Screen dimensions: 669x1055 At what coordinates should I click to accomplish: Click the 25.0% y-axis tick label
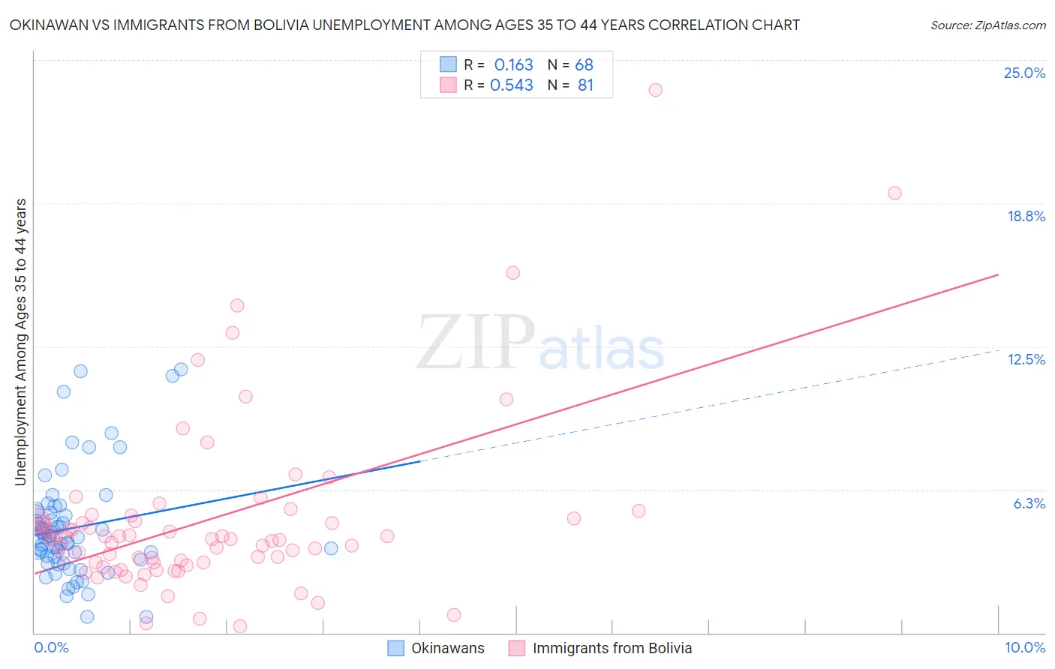tap(1024, 73)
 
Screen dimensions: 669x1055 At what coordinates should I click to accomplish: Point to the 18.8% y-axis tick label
tap(1026, 216)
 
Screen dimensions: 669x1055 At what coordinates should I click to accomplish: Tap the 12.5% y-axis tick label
tap(1026, 359)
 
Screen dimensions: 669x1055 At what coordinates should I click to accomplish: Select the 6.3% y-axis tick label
tap(1029, 503)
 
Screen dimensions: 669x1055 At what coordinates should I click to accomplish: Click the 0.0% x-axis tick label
tap(51, 647)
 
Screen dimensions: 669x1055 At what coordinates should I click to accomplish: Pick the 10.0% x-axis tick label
tap(1024, 647)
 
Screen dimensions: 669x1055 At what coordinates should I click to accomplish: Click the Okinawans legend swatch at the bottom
tap(395, 648)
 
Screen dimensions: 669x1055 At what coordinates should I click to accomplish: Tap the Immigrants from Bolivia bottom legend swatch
tap(516, 648)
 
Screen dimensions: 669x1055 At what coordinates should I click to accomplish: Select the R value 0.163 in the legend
tap(513, 65)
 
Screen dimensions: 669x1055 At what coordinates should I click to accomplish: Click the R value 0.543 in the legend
tap(511, 85)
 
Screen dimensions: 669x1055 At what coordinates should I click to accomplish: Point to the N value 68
tap(584, 65)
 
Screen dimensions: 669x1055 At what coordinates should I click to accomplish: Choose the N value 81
tap(585, 85)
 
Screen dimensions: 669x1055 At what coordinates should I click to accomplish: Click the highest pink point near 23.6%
tap(655, 90)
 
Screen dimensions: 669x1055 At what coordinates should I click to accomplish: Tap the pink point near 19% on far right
tap(894, 193)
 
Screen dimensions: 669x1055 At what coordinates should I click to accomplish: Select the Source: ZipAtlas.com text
tap(987, 25)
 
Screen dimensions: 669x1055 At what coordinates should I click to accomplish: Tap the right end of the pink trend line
tap(998, 274)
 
